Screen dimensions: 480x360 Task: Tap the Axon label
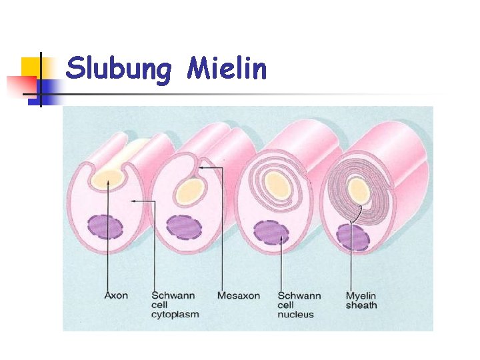tap(117, 295)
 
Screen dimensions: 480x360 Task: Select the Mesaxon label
tap(239, 295)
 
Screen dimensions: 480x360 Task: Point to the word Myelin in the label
tap(361, 295)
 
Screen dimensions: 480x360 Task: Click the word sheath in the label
tap(361, 305)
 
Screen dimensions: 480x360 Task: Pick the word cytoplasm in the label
tap(175, 314)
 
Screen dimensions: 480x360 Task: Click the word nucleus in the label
tap(295, 314)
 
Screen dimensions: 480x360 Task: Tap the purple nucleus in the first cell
tap(106, 226)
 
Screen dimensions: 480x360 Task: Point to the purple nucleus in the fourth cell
tap(353, 237)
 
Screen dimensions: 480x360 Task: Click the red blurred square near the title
tap(20, 86)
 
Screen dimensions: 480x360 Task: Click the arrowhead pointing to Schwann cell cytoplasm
tap(133, 201)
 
